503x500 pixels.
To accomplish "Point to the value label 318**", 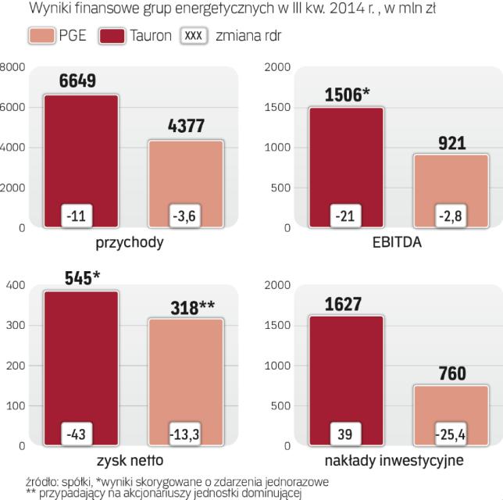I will [192, 306].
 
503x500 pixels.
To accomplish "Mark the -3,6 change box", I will [186, 215].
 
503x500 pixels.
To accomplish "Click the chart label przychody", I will [130, 242].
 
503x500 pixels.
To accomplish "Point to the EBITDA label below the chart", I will [398, 242].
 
